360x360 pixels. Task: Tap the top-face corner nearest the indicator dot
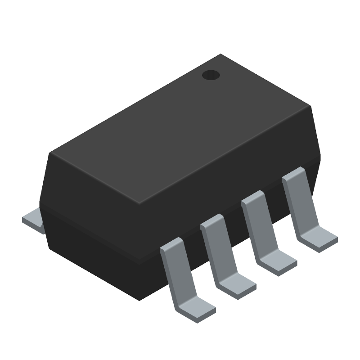click(x=220, y=55)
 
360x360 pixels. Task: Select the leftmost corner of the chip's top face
click(x=51, y=153)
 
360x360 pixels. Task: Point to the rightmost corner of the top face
click(x=311, y=107)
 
